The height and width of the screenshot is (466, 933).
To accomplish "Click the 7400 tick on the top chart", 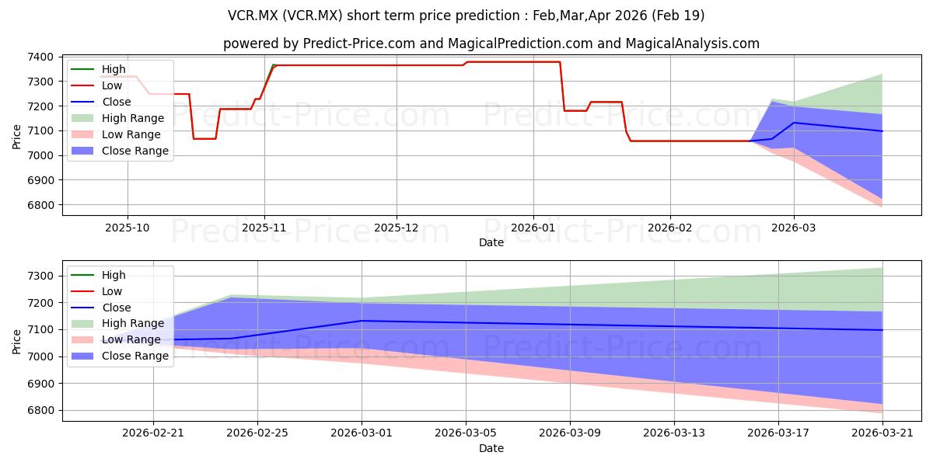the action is click(40, 57).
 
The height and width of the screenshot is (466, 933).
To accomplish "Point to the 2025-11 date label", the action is click(264, 228).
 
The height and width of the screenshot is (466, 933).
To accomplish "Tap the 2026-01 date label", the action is click(533, 228).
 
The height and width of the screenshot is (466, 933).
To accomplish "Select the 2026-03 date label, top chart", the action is click(794, 228).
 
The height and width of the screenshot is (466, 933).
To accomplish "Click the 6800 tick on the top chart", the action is click(40, 205).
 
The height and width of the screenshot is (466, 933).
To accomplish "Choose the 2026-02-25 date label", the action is click(257, 433).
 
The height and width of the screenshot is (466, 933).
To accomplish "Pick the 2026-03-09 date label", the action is click(570, 433).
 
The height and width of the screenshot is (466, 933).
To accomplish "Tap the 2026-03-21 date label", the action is click(882, 433).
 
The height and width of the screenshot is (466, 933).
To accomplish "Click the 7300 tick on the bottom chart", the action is click(40, 276).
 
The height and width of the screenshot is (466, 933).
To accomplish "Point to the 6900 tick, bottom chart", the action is click(40, 384).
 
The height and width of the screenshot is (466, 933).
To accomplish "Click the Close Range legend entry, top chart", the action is click(120, 151).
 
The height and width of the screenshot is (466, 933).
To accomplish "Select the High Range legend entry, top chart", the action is click(117, 118).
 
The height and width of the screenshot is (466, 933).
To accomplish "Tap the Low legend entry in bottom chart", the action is click(96, 291).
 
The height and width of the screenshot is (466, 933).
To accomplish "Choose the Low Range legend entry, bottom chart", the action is click(116, 339).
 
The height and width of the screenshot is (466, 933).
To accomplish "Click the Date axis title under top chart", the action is click(491, 242).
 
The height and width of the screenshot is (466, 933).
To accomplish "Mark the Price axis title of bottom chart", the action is click(16, 342).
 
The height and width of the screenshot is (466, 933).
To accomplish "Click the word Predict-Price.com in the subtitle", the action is click(359, 43).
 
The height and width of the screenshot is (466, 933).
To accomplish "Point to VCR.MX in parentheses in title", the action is click(313, 16).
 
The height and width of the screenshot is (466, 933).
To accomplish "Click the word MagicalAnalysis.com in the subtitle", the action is click(693, 43).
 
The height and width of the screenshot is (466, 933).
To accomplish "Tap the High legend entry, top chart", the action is click(98, 69).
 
